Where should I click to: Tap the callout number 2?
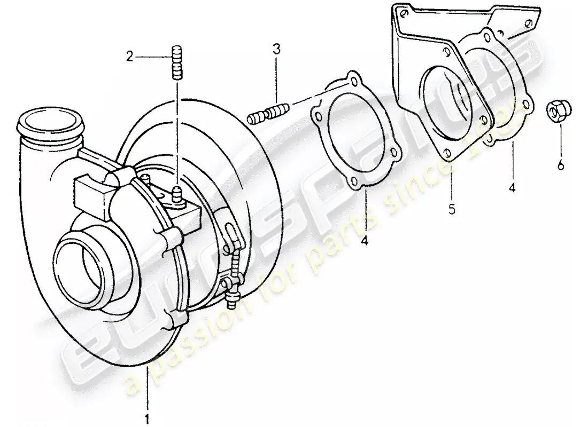tap(129, 55)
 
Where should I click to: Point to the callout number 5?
tap(452, 210)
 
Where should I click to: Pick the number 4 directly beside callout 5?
tap(512, 188)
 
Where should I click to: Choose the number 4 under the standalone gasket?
tap(364, 242)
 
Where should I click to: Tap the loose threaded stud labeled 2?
tap(177, 62)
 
